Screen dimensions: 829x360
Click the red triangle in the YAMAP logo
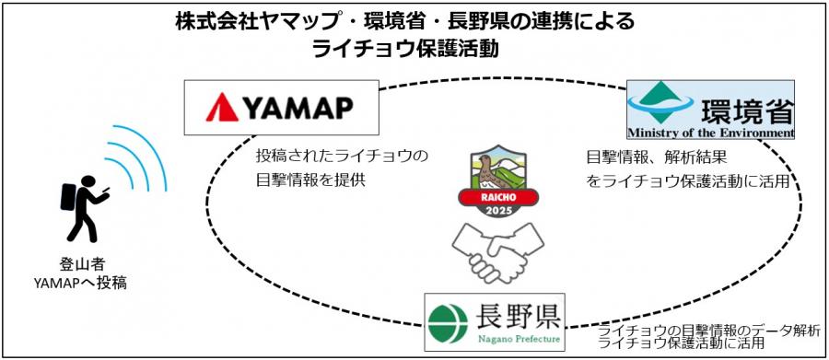[x=222, y=108]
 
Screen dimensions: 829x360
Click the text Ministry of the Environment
[x=710, y=133]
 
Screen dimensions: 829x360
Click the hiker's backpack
[x=70, y=198]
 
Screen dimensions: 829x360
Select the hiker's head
[x=88, y=180]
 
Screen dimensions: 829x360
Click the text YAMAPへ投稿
[x=80, y=283]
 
